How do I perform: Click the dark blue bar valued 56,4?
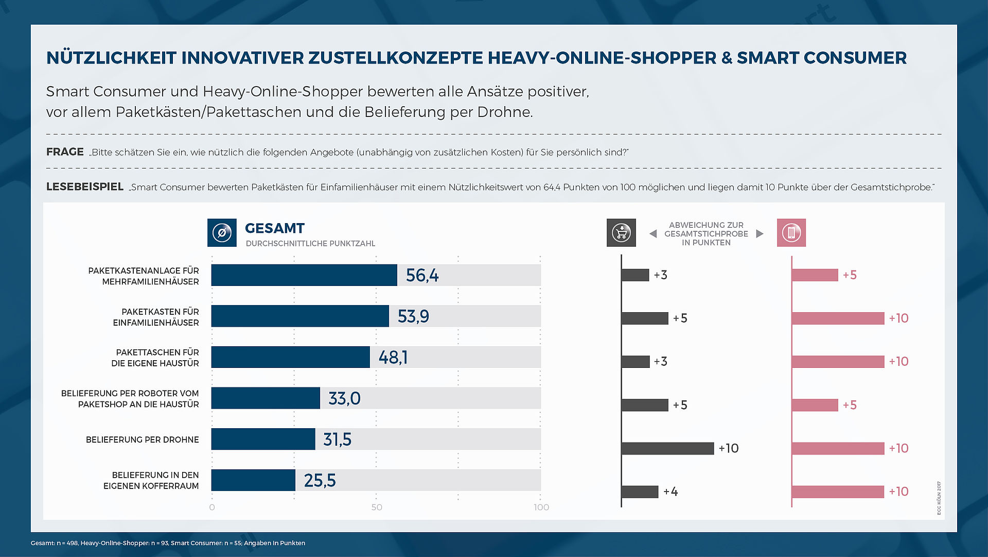click(304, 275)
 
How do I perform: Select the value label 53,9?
click(413, 316)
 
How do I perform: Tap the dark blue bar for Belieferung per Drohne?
click(263, 440)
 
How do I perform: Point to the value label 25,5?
click(320, 481)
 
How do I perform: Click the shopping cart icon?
click(621, 233)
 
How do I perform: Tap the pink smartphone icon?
click(791, 233)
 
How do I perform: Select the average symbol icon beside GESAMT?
click(222, 233)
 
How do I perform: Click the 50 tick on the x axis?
click(377, 508)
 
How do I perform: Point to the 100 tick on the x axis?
click(541, 508)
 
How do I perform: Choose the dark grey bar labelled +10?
click(667, 448)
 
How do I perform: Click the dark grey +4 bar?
click(640, 492)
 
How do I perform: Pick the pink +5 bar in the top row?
click(815, 275)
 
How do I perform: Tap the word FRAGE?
click(65, 152)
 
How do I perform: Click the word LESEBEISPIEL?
click(85, 187)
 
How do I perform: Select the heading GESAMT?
click(275, 228)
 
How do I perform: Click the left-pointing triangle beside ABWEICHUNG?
click(653, 234)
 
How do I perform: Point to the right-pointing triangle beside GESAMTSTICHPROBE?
click(760, 234)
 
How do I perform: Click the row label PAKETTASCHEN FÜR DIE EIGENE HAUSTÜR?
click(155, 358)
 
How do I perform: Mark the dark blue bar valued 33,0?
click(266, 398)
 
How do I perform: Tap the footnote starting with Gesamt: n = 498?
click(168, 543)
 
